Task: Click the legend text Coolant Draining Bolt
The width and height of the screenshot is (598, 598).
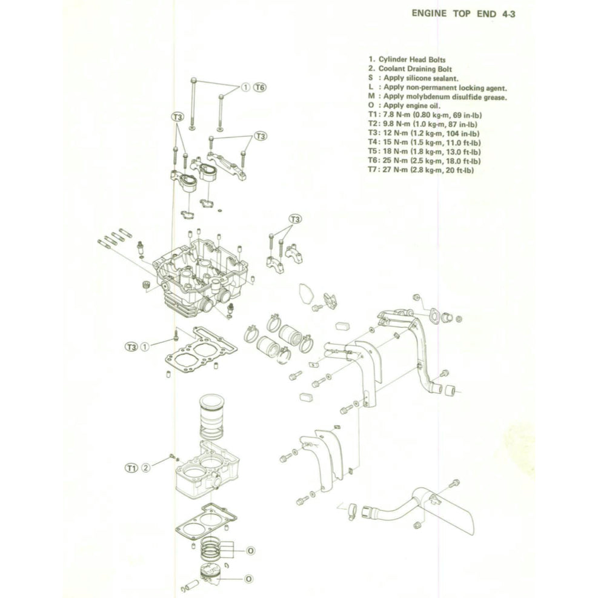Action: tap(415, 69)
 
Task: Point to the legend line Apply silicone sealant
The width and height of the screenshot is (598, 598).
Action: tap(418, 78)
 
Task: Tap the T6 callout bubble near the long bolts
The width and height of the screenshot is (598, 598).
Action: tap(259, 87)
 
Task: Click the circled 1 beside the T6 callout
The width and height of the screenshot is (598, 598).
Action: tap(245, 87)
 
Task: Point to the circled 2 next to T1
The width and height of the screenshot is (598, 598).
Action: tap(145, 468)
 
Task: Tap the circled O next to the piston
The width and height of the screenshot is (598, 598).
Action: tap(249, 579)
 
